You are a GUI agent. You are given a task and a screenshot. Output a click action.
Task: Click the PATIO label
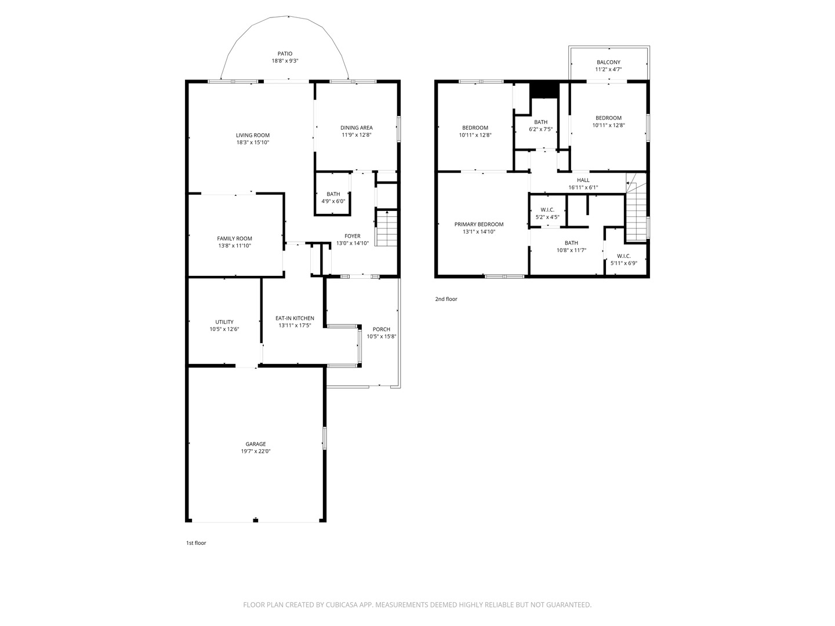tap(285, 53)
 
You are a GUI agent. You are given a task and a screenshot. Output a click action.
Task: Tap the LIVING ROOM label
tap(253, 135)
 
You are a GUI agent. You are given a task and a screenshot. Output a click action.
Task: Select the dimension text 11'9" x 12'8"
tap(357, 135)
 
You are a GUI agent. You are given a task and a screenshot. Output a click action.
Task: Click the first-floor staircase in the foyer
tap(387, 228)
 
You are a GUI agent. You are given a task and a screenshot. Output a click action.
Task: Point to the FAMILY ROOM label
tap(234, 239)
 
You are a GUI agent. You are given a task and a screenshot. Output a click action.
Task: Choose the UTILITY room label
tap(224, 322)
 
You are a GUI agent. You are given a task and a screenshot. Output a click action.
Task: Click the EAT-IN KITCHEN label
tap(295, 318)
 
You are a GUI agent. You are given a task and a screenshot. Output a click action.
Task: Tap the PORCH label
tap(381, 329)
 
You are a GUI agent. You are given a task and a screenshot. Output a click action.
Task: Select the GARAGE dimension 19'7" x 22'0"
tap(255, 451)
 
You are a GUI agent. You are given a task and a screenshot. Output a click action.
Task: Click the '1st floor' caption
tap(196, 543)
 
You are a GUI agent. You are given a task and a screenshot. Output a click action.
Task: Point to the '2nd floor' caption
tap(446, 299)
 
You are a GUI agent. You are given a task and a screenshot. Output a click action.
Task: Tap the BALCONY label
tap(608, 62)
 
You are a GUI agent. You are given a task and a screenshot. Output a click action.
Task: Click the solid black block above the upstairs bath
tap(544, 90)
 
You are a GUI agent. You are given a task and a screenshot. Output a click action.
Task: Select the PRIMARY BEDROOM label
tap(479, 224)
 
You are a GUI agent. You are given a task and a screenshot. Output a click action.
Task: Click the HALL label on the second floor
tap(583, 180)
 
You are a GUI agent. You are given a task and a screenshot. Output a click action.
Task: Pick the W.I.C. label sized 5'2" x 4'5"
tap(547, 210)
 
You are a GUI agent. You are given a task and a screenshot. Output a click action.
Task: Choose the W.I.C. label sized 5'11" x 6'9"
tap(623, 256)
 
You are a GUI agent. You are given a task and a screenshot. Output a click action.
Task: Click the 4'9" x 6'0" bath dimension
tap(333, 201)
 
